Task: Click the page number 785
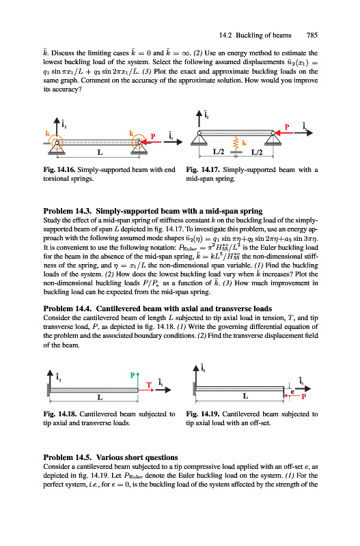[x=312, y=35]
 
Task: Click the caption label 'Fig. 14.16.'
[x=59, y=169]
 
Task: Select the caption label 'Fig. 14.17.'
[x=202, y=169]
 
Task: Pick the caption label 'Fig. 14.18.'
[x=59, y=414]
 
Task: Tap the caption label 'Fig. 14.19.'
[x=202, y=414]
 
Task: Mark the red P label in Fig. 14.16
[x=152, y=136]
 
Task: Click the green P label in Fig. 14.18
[x=133, y=375]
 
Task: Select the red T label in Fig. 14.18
[x=149, y=385]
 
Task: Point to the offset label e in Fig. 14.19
[x=292, y=392]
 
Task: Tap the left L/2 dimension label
[x=219, y=152]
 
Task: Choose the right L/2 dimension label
[x=257, y=152]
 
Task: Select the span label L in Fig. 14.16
[x=100, y=152]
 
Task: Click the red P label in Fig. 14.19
[x=303, y=397]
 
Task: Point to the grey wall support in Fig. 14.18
[x=49, y=390]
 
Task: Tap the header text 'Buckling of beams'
[x=264, y=35]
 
